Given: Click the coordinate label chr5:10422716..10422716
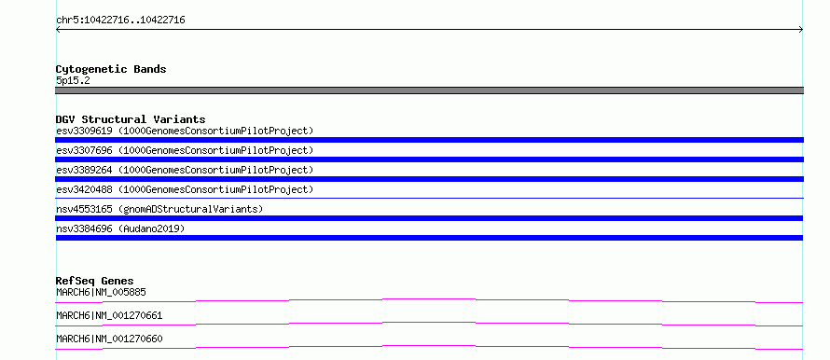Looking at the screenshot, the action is pyautogui.click(x=120, y=21).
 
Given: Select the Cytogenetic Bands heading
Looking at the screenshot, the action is pyautogui.click(x=111, y=69).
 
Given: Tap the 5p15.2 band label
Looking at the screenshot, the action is pyautogui.click(x=73, y=81).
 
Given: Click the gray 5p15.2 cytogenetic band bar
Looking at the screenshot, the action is pyautogui.click(x=429, y=90).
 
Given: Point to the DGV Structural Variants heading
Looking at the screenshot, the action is pyautogui.click(x=131, y=119).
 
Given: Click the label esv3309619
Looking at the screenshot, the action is pyautogui.click(x=84, y=131).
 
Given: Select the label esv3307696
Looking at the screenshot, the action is pyautogui.click(x=84, y=150).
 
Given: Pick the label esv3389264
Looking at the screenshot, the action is pyautogui.click(x=84, y=170).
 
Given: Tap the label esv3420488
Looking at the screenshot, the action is pyautogui.click(x=84, y=189).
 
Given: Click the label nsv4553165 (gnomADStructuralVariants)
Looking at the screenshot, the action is pyautogui.click(x=159, y=209).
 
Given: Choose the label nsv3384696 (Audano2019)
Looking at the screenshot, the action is pyautogui.click(x=120, y=228).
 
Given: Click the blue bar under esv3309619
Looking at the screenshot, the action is pyautogui.click(x=429, y=140).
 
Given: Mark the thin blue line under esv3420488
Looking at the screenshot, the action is pyautogui.click(x=429, y=198).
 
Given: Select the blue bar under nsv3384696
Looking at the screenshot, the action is pyautogui.click(x=429, y=238).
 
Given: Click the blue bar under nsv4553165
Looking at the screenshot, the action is pyautogui.click(x=429, y=218).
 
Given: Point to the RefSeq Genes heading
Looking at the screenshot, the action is pyautogui.click(x=95, y=281).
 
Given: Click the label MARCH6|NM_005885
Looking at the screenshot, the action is pyautogui.click(x=101, y=292).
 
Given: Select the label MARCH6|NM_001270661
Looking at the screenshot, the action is pyautogui.click(x=109, y=315).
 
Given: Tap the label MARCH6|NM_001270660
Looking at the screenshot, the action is pyautogui.click(x=109, y=339).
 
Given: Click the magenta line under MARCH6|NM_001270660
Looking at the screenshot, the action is pyautogui.click(x=429, y=346).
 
